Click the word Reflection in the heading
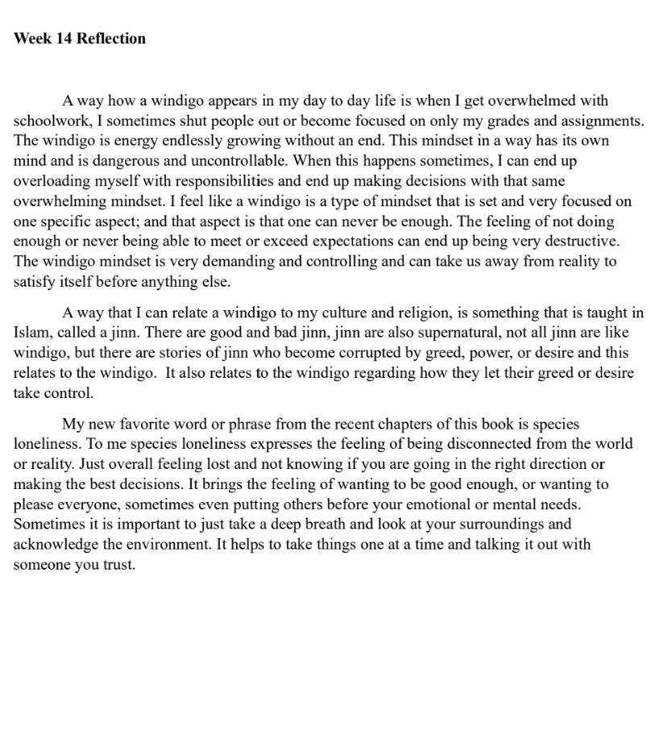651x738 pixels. click(111, 39)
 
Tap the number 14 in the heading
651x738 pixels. click(64, 39)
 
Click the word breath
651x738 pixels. click(327, 524)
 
